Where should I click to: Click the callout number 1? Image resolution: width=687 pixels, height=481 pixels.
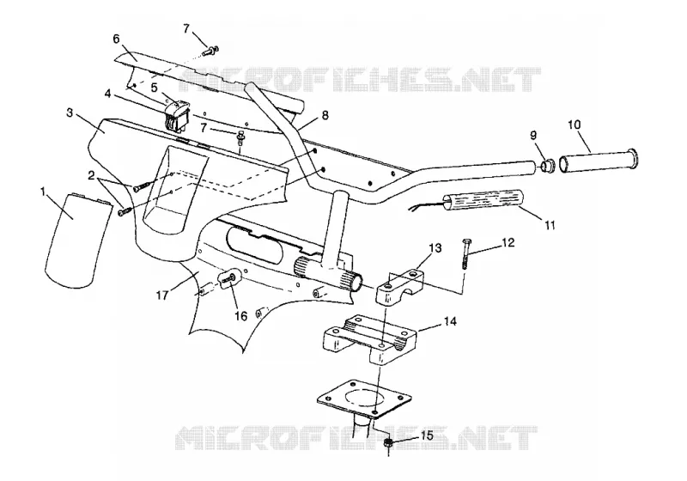(x=43, y=192)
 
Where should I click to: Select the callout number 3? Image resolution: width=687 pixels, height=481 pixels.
(x=70, y=113)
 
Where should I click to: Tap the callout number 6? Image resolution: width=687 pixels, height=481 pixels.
(x=116, y=39)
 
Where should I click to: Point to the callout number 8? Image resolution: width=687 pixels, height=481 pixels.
(x=325, y=115)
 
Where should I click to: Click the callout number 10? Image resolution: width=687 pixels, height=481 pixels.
(x=574, y=125)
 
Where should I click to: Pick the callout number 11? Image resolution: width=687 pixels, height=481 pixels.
(x=550, y=225)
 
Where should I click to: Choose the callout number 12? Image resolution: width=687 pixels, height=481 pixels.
(x=508, y=242)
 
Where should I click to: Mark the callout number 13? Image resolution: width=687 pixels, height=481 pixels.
(x=435, y=248)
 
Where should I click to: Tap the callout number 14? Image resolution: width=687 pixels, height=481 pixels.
(x=450, y=321)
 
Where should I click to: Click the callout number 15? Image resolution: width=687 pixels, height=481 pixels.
(x=427, y=435)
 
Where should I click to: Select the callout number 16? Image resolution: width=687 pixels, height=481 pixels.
(x=241, y=316)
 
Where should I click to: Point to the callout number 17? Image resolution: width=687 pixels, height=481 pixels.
(x=162, y=295)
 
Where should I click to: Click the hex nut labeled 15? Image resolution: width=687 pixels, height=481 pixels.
(x=387, y=443)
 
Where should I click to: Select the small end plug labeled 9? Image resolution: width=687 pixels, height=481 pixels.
(x=547, y=167)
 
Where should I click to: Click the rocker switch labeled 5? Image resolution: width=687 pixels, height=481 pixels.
(x=177, y=115)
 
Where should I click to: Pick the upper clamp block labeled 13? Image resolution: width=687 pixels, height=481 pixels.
(x=400, y=287)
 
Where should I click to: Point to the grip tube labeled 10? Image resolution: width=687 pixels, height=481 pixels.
(x=599, y=161)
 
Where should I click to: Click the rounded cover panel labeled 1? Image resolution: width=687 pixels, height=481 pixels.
(x=76, y=241)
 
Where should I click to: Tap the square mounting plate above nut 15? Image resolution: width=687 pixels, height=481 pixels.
(x=364, y=397)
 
